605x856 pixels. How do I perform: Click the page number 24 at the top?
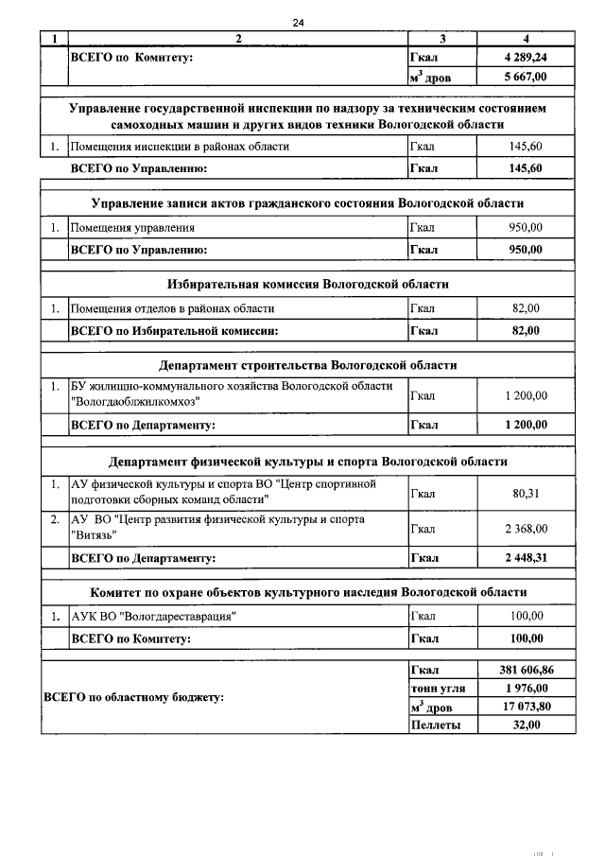[302, 22]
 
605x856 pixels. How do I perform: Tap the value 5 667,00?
[526, 76]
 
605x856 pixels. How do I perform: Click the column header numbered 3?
[442, 39]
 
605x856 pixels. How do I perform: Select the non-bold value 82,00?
[526, 308]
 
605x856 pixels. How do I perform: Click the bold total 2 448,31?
[526, 558]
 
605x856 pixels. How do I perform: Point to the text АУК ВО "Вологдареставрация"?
[153, 617]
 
